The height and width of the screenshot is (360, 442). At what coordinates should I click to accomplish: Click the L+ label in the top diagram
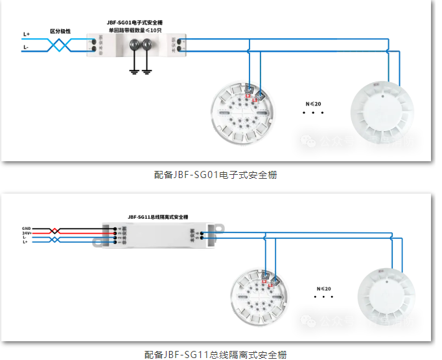27,34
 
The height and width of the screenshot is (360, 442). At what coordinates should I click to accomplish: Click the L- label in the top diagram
26,47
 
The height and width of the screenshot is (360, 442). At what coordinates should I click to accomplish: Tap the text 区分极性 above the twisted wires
60,31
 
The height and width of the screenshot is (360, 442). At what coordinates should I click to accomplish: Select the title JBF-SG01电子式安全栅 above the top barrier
135,22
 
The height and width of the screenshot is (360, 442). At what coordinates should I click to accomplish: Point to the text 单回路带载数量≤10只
135,30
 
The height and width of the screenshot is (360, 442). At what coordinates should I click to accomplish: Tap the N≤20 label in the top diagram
313,104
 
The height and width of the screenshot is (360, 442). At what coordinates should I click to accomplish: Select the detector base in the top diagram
244,117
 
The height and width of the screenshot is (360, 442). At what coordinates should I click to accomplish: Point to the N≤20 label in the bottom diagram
323,288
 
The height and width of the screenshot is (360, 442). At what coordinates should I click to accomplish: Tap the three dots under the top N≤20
313,113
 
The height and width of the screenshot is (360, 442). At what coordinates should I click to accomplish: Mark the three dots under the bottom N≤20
323,298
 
